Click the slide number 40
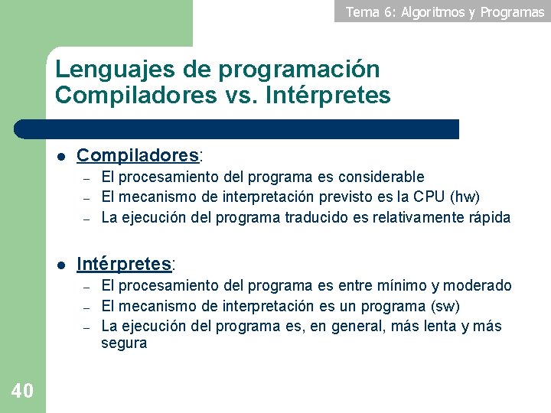click(x=22, y=391)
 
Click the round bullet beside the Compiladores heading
click(x=60, y=156)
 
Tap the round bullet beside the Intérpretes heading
click(x=60, y=265)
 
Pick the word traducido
click(x=316, y=217)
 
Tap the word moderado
click(x=478, y=285)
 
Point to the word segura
click(x=124, y=343)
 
